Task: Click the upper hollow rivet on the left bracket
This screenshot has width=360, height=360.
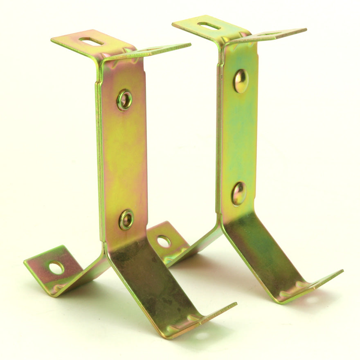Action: tap(124, 99)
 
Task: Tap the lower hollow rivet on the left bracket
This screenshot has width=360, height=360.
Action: tap(126, 220)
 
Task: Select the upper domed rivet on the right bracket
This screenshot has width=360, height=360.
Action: tap(241, 81)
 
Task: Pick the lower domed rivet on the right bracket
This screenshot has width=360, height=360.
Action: tap(239, 193)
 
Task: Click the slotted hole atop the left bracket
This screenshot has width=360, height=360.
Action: tap(91, 40)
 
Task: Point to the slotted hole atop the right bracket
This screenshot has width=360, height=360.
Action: tap(209, 25)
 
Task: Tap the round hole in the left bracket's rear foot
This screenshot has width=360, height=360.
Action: tap(56, 268)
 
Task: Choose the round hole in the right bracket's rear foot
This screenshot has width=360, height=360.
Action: tap(164, 241)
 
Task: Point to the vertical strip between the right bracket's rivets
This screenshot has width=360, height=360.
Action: tap(239, 137)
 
